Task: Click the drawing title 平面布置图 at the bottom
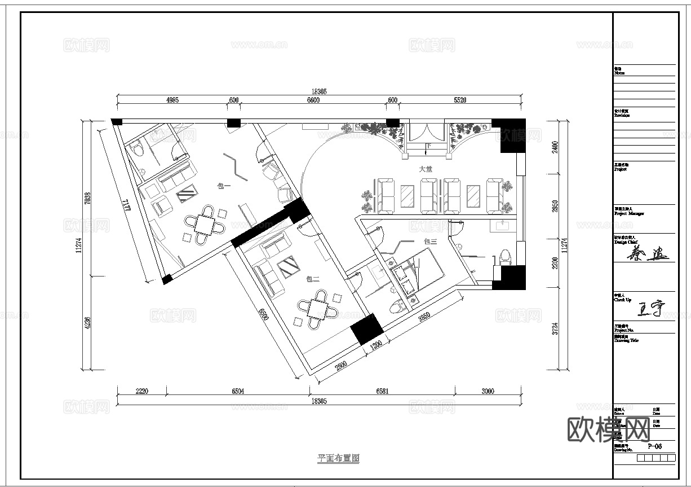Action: [x=338, y=458]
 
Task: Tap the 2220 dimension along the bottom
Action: [x=141, y=391]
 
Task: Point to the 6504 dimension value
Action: [x=237, y=391]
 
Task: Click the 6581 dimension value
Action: [x=382, y=391]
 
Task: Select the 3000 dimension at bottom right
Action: [x=488, y=391]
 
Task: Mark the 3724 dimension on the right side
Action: [x=555, y=331]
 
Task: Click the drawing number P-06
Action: [x=654, y=446]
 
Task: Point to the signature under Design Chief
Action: [x=647, y=255]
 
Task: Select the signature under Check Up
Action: [x=650, y=309]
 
